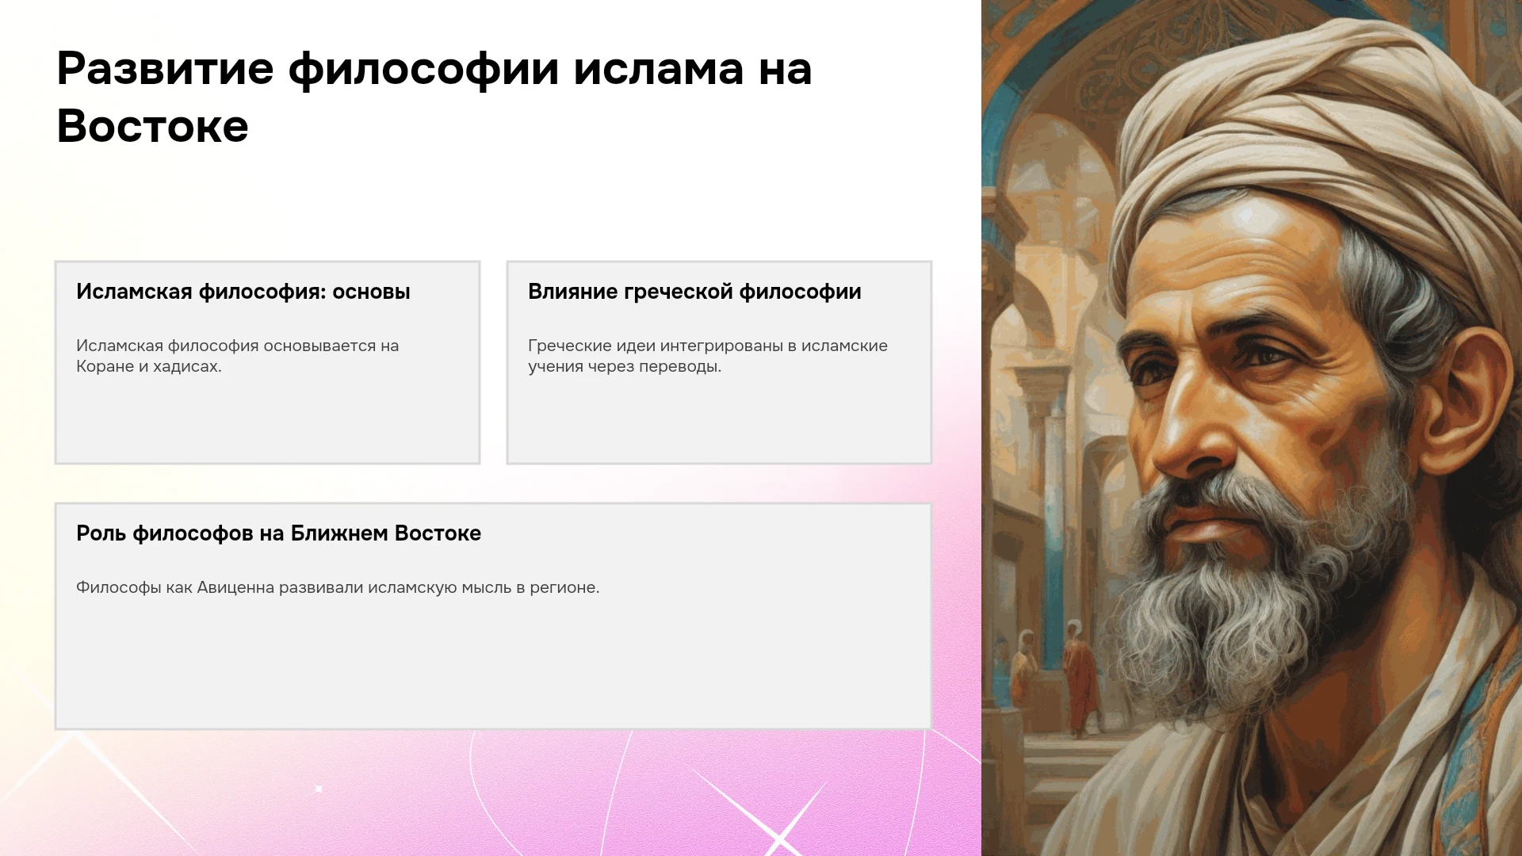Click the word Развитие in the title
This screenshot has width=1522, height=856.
[165, 69]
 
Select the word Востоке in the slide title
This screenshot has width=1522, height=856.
[153, 127]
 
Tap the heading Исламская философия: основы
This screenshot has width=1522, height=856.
[243, 292]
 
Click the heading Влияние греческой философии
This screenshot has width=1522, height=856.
[694, 292]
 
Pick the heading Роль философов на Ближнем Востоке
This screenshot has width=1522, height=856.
[278, 533]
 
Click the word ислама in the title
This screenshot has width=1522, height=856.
[659, 69]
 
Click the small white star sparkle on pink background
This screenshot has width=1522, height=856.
[319, 789]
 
